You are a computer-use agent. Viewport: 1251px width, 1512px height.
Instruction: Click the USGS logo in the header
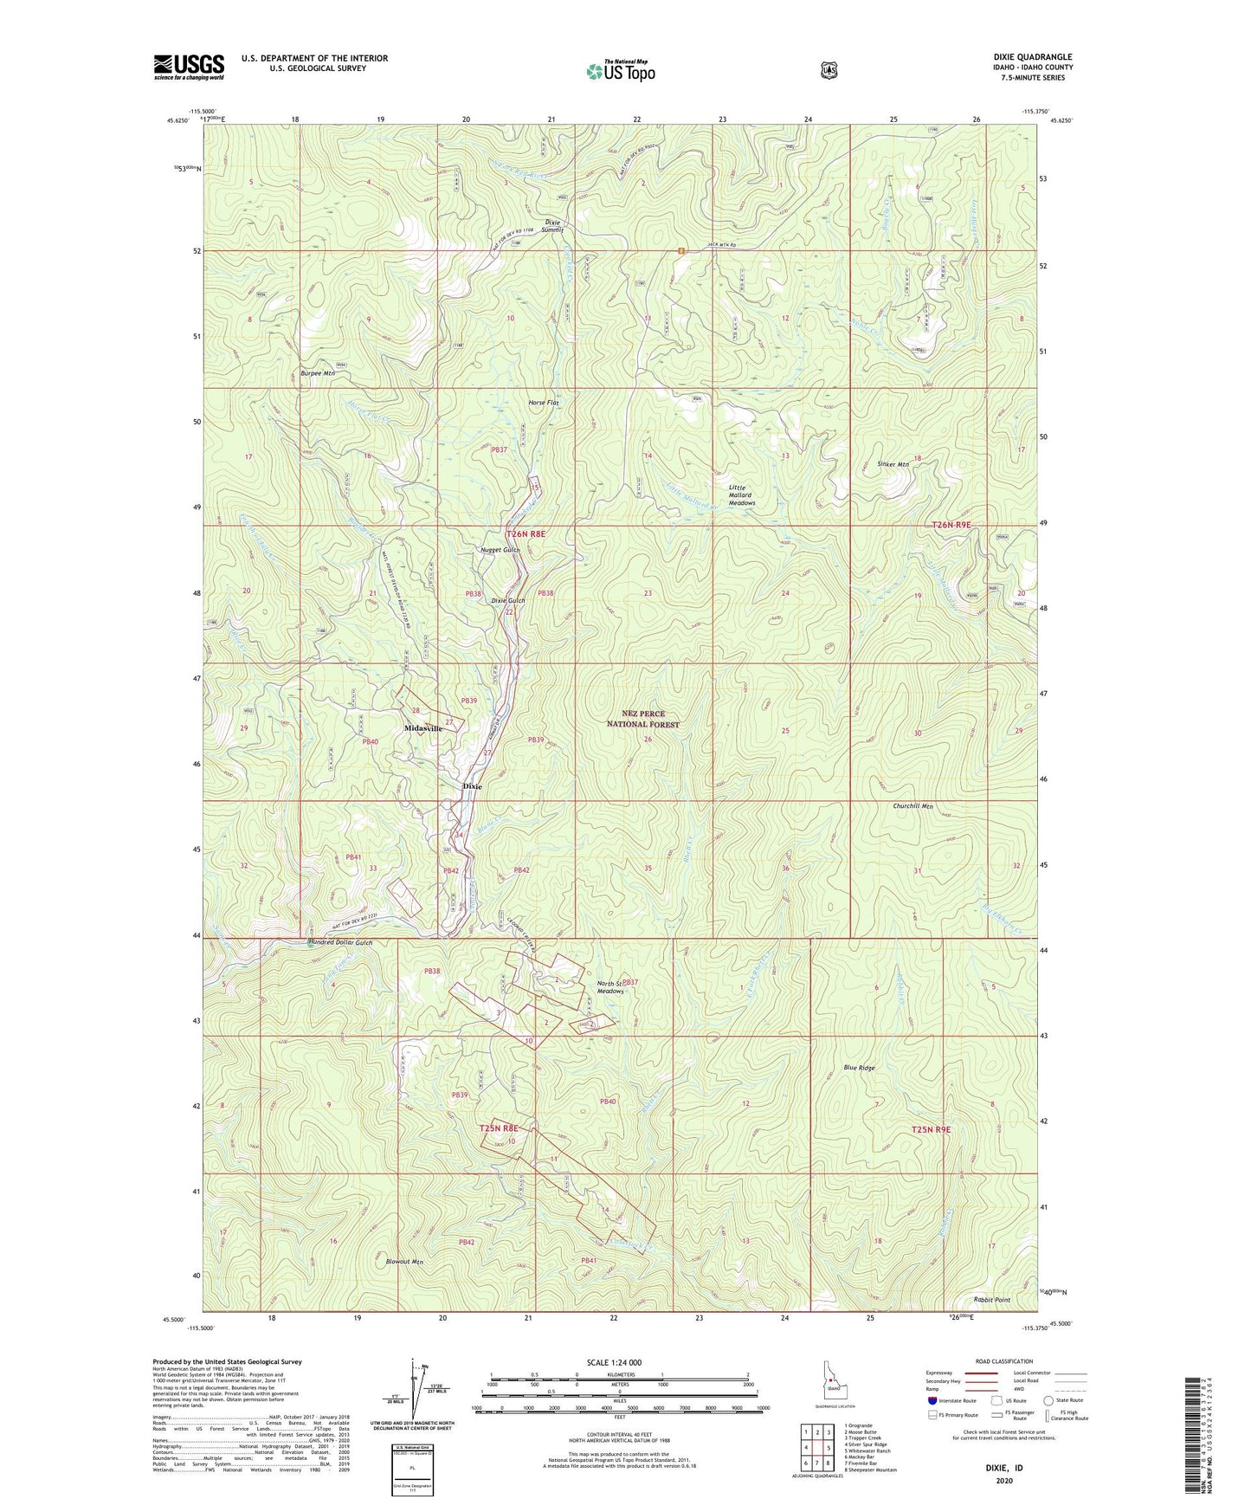click(189, 67)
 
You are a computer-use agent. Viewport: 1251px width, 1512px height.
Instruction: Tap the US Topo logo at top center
click(620, 71)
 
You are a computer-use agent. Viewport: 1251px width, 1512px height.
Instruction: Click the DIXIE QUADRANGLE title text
click(1033, 57)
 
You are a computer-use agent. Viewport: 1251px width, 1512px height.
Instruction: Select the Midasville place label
click(423, 729)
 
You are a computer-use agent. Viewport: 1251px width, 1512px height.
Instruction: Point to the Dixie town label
click(472, 786)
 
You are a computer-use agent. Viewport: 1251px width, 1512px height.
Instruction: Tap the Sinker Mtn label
click(893, 464)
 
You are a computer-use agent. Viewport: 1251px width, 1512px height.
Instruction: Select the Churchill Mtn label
click(912, 806)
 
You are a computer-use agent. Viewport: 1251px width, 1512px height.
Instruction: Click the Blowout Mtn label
click(403, 1262)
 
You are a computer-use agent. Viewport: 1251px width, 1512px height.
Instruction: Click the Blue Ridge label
click(859, 1068)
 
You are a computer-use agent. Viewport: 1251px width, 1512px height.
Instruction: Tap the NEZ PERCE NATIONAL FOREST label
click(642, 719)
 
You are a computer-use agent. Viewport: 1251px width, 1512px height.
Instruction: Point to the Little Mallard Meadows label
click(741, 495)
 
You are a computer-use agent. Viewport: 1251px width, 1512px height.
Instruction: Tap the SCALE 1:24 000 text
click(614, 1363)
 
